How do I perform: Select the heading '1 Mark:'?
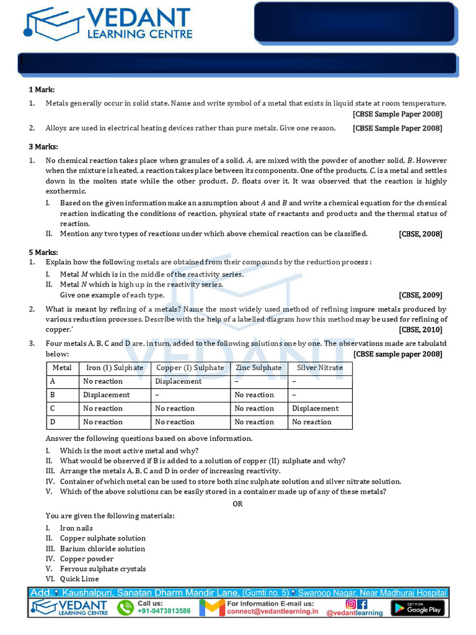(42, 90)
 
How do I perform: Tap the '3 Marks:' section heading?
(43, 146)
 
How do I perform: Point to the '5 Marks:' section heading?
(43, 252)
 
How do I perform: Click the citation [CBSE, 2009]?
(420, 295)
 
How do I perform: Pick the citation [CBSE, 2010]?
(420, 330)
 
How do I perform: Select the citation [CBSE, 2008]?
(420, 234)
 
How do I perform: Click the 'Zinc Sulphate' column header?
(258, 368)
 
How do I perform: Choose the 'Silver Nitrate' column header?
(320, 368)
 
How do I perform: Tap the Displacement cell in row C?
(315, 409)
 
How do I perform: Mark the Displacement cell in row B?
(107, 395)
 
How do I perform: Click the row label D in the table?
(53, 422)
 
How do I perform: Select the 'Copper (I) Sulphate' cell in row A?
(178, 381)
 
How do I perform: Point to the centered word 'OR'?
(238, 504)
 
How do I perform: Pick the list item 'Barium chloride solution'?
(102, 549)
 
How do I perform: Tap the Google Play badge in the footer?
(425, 608)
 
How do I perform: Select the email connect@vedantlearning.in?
(272, 611)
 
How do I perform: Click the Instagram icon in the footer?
(351, 603)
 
